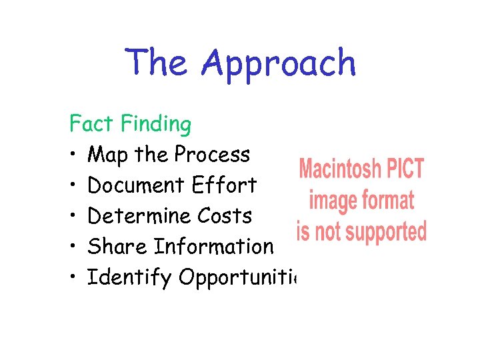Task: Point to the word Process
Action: [212, 155]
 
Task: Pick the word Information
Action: [214, 247]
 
